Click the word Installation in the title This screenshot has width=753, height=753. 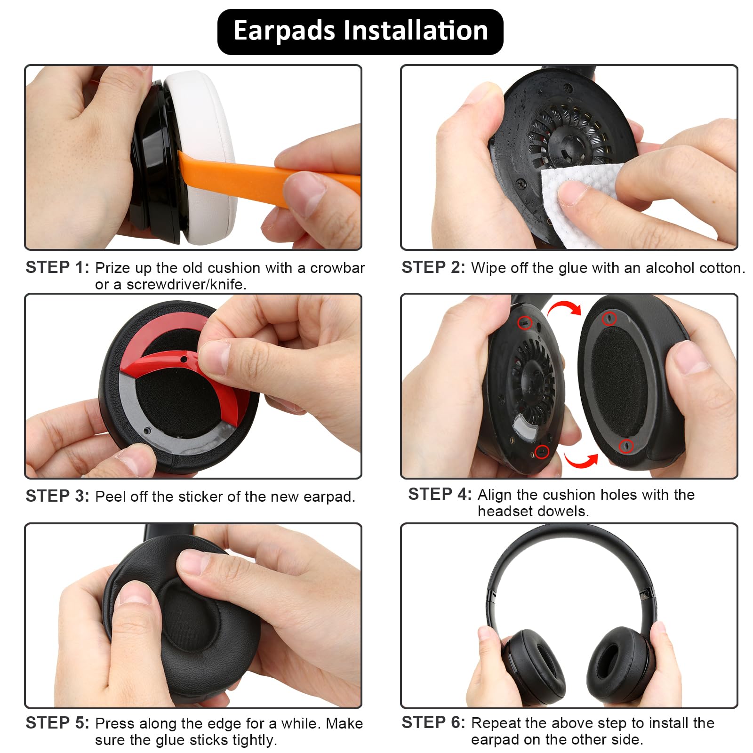coord(416,31)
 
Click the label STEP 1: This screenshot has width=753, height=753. coord(57,267)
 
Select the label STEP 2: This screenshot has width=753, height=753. coord(433,267)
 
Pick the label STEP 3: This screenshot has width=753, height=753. coord(57,496)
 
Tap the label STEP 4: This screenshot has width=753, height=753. coord(440,494)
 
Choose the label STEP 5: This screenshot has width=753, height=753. coord(57,723)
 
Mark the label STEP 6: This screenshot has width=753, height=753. coord(433,722)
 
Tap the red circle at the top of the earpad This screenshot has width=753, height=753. coord(610,318)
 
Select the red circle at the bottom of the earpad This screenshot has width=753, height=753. coord(625,445)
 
